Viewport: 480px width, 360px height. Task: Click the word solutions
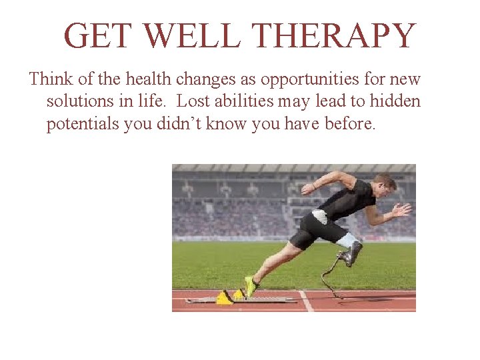click(x=77, y=101)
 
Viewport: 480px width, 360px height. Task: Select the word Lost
click(x=193, y=101)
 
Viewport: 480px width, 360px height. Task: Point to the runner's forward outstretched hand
click(x=401, y=210)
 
